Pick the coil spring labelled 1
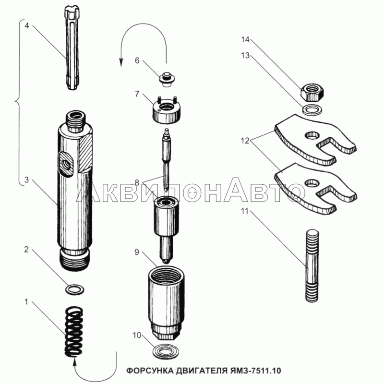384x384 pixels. coord(74,331)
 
